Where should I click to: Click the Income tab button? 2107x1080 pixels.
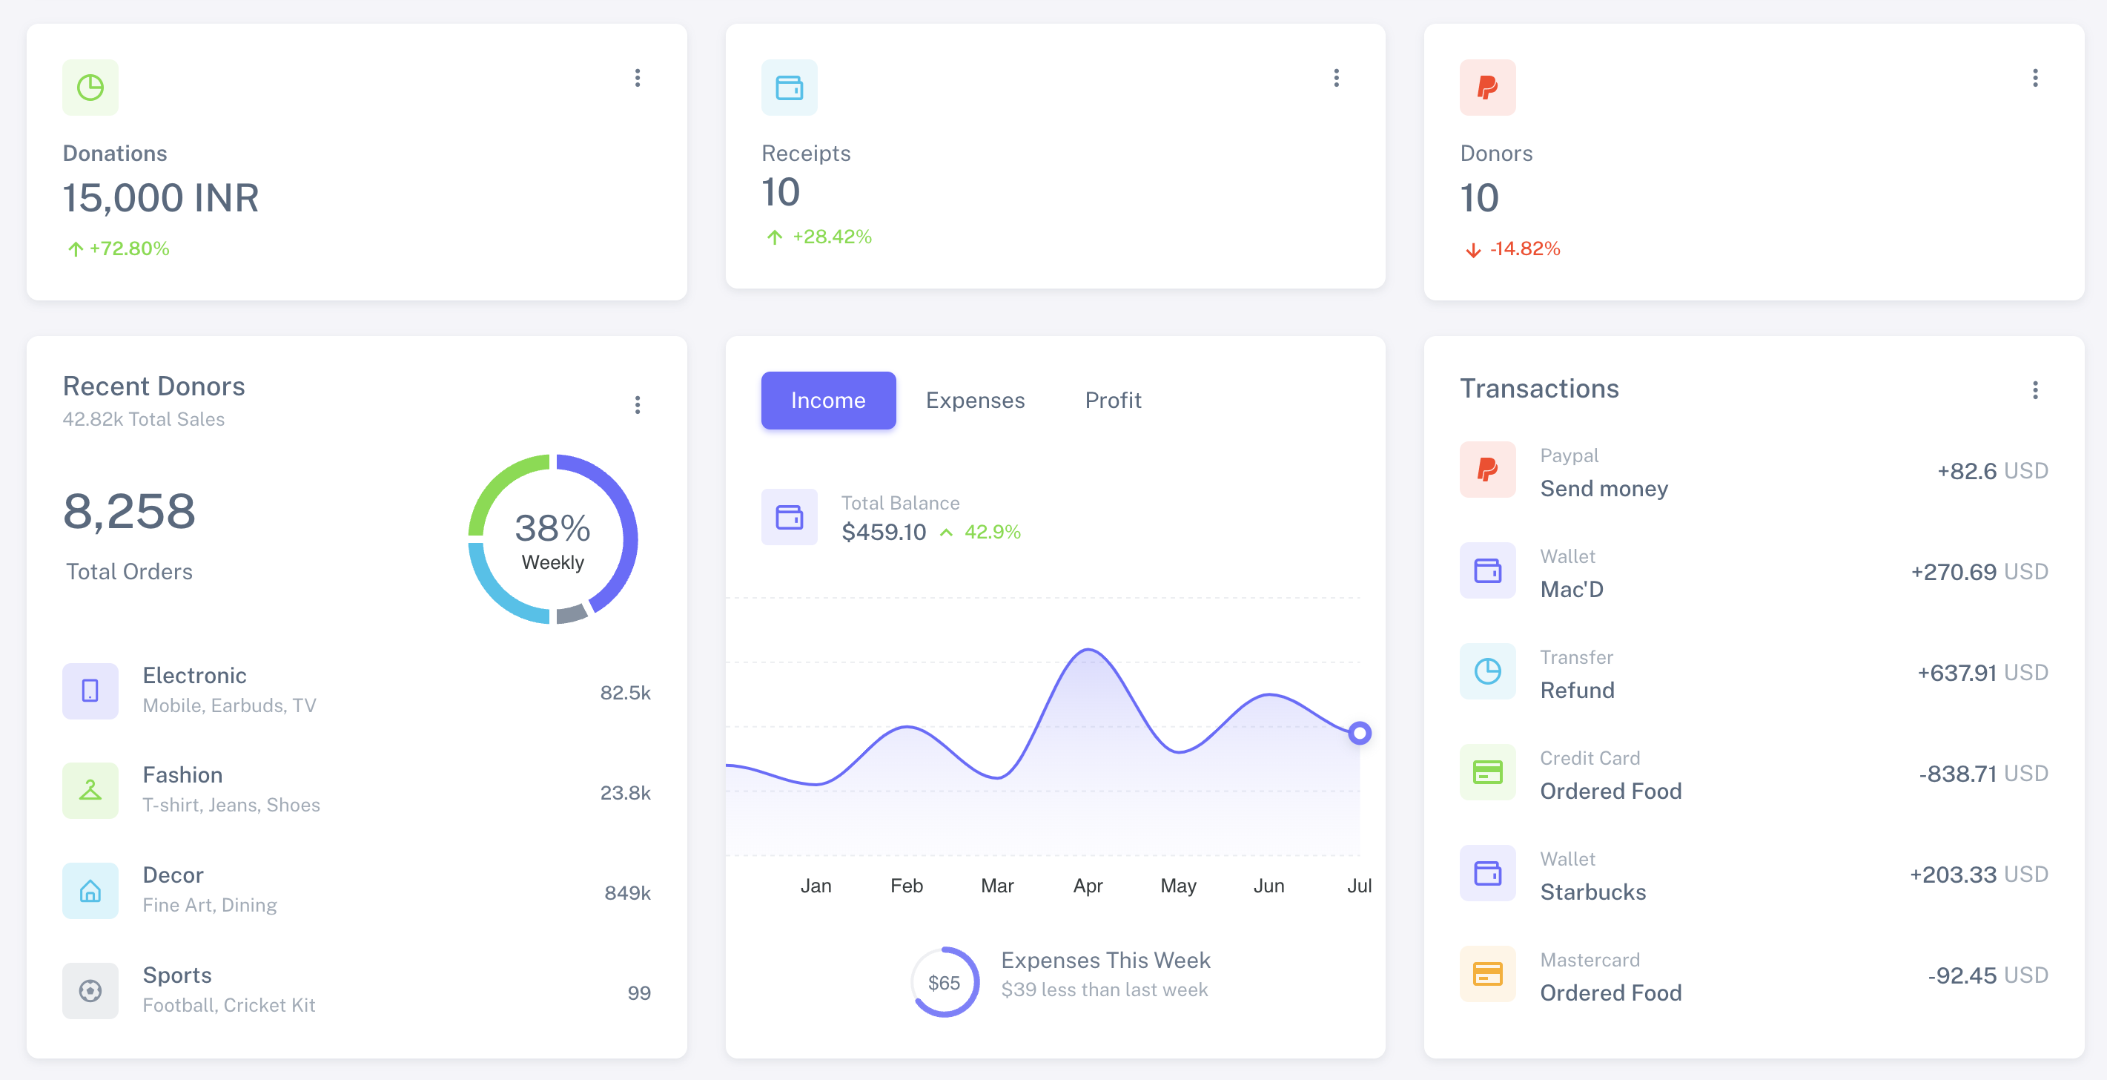827,400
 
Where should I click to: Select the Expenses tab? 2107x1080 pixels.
975,400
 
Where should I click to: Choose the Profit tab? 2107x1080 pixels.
1112,400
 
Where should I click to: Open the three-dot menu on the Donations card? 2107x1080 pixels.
637,78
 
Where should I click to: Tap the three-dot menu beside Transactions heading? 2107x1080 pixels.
2035,389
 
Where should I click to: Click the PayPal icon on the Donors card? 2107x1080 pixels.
1487,88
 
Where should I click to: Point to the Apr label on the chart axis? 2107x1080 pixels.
1088,885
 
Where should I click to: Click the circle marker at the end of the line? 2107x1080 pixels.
1360,733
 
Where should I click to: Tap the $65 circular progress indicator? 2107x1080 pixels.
944,982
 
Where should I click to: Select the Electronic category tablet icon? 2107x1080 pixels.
90,691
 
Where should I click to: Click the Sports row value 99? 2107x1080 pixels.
639,992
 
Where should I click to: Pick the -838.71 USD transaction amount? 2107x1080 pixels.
1982,773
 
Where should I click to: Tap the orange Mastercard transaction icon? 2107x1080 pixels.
1487,974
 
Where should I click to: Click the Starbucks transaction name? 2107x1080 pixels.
1592,892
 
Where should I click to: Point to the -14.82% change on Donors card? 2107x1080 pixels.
1524,248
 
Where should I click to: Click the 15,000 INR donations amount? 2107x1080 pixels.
160,198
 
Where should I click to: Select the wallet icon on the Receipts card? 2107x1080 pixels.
789,88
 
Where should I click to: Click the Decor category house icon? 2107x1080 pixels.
90,890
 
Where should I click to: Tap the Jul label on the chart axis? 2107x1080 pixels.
1359,885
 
